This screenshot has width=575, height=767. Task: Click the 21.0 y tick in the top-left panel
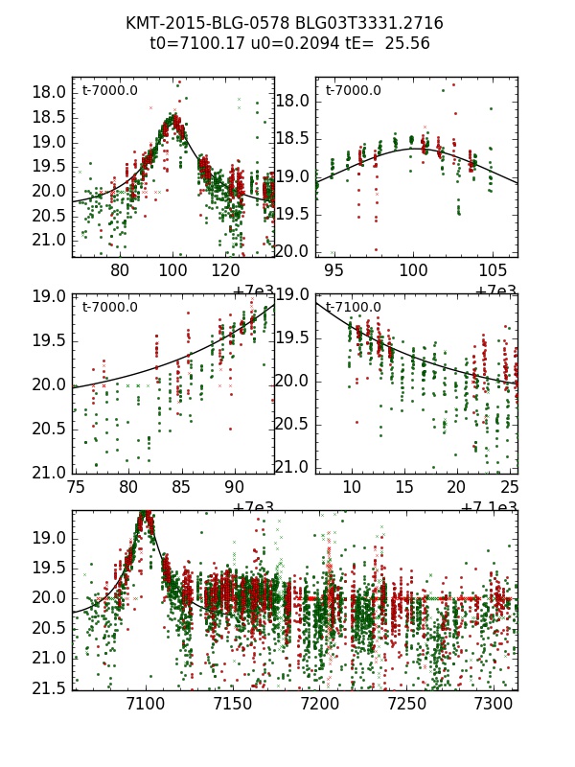50,239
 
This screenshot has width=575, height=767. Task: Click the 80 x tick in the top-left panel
121,270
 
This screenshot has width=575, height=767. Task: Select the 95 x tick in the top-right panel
333,270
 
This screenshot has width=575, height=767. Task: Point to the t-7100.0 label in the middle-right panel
354,308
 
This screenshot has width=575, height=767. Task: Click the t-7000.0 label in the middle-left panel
110,308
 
